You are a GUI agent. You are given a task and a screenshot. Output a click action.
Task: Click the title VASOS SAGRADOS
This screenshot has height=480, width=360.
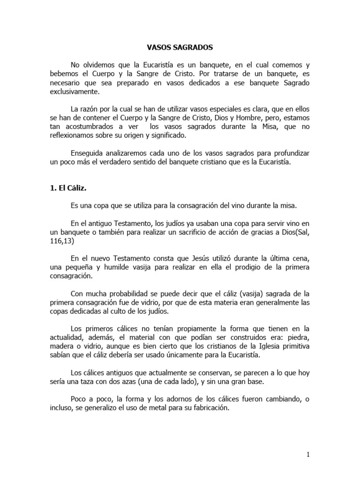coord(180,47)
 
